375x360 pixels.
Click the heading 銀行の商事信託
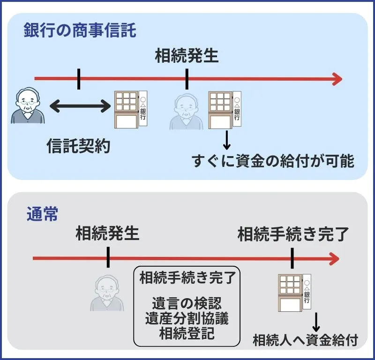coord(80,31)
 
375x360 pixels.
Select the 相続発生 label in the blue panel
coord(187,57)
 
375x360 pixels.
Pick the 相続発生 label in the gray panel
coord(108,233)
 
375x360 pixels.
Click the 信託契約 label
coord(78,146)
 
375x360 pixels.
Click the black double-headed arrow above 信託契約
coord(79,106)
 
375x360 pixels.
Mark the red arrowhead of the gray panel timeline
coord(334,258)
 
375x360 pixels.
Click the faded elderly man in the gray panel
coord(108,293)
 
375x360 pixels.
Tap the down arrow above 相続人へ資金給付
coord(315,322)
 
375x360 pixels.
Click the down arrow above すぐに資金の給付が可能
coord(227,140)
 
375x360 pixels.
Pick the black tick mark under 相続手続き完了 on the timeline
coord(292,258)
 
